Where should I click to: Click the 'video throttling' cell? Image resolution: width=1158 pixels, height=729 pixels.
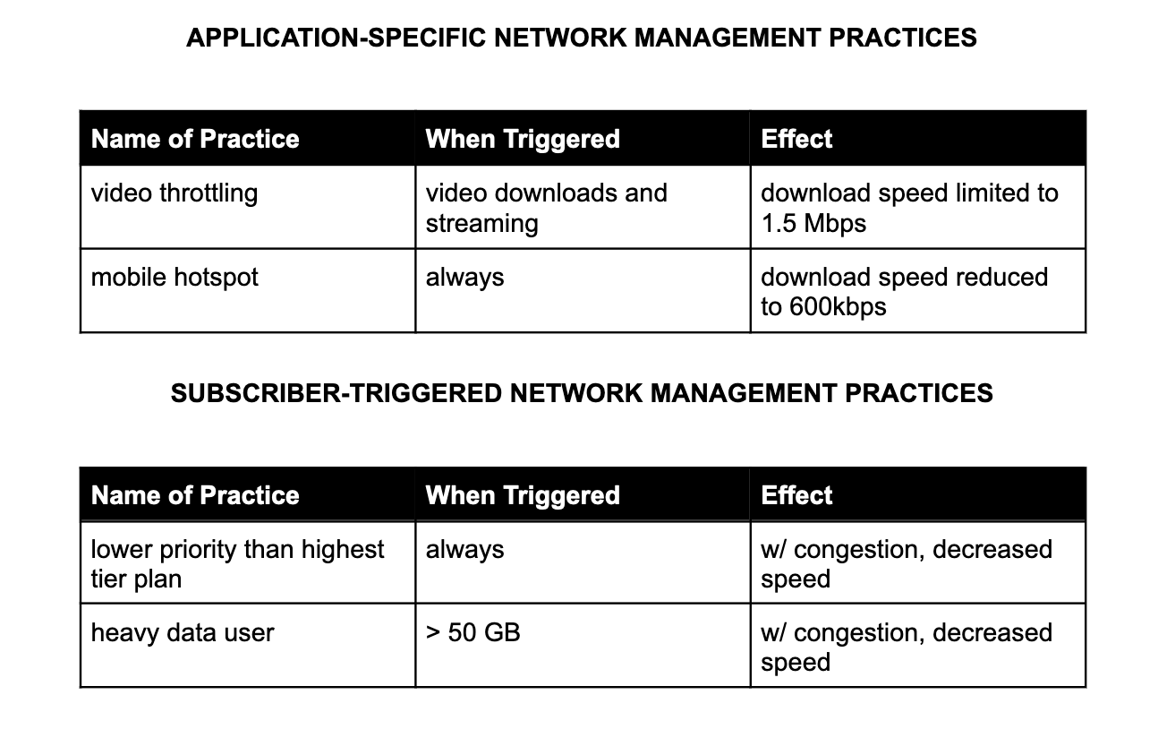tap(175, 193)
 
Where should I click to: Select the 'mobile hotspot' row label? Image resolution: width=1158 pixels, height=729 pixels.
tap(175, 278)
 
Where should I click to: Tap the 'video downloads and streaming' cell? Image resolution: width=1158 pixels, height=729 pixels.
tap(546, 208)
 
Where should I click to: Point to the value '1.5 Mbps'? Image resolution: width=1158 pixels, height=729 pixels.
tap(813, 223)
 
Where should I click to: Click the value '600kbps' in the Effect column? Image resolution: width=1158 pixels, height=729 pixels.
tap(838, 307)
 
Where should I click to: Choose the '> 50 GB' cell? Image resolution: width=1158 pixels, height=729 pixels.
tap(473, 632)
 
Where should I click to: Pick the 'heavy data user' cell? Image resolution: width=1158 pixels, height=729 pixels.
tap(183, 632)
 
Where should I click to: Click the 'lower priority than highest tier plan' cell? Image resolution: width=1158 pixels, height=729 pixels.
tap(237, 563)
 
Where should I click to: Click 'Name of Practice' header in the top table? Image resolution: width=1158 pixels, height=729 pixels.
tap(195, 139)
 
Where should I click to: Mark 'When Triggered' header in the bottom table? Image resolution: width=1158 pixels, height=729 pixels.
tap(523, 495)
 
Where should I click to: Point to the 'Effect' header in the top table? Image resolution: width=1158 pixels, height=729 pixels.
tap(796, 139)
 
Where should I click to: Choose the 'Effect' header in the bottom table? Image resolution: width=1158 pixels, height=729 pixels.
tap(796, 495)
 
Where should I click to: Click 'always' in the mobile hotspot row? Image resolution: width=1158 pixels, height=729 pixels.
tap(464, 278)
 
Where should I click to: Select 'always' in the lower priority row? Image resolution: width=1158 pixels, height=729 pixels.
tap(464, 549)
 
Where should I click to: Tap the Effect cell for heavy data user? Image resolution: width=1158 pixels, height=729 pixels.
tap(906, 647)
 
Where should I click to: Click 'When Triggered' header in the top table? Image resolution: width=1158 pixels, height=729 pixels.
tap(523, 139)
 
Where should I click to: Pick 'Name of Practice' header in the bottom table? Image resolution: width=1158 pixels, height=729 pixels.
tap(195, 495)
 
